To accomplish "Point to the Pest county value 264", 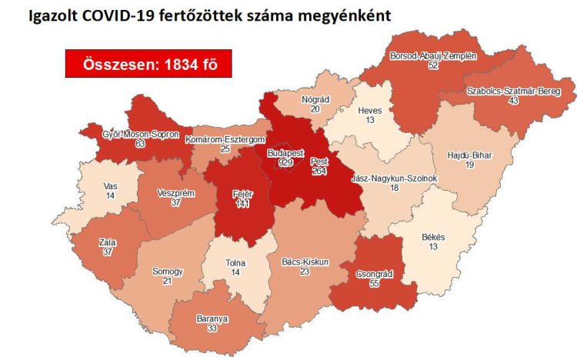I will click(x=320, y=171).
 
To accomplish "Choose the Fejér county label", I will click(x=242, y=193).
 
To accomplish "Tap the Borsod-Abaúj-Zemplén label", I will click(x=434, y=57).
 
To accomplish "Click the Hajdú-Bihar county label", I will click(x=469, y=155).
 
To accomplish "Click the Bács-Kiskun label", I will click(x=305, y=262).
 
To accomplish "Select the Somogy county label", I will click(x=168, y=272).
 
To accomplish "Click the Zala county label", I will click(x=108, y=242).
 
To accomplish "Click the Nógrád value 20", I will click(x=315, y=109).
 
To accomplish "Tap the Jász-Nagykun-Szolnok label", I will click(x=394, y=178).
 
